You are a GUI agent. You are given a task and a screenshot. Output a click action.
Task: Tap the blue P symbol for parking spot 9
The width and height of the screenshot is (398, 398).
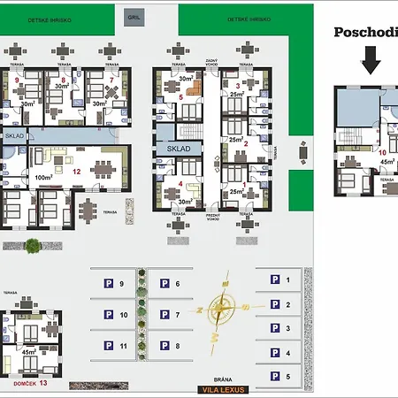coord(108,284)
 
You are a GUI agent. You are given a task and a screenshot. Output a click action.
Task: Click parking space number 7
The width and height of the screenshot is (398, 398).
coord(177,315)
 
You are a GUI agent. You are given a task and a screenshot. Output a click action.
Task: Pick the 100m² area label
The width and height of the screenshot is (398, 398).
coord(42,178)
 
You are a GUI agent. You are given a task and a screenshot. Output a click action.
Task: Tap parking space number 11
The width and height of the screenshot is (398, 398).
coord(122,346)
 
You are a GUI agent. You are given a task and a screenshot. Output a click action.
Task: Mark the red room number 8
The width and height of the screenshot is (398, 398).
coord(64,81)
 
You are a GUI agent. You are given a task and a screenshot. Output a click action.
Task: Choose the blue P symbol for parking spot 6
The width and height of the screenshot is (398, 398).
coord(164,284)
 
